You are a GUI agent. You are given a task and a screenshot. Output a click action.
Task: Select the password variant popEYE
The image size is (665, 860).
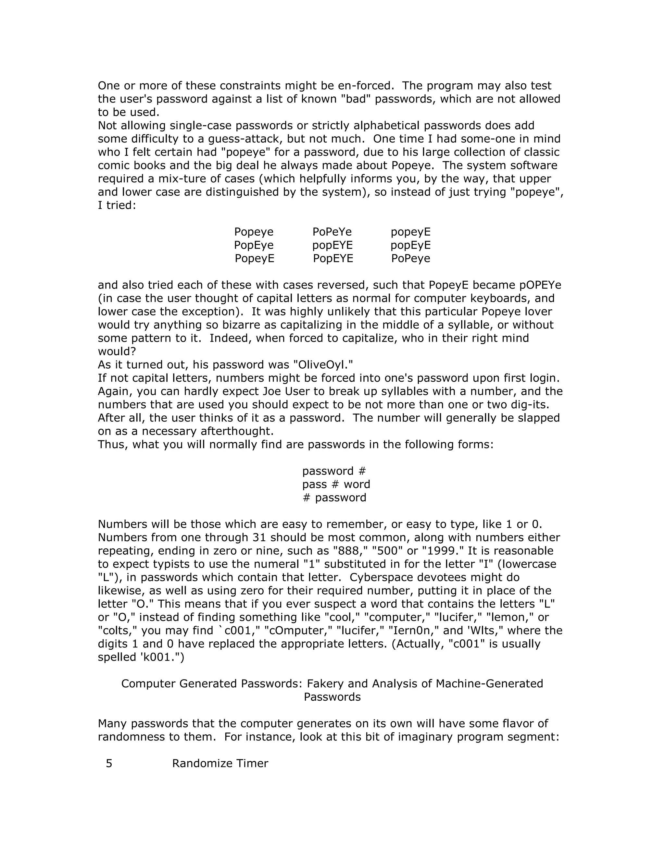pyautogui.click(x=332, y=245)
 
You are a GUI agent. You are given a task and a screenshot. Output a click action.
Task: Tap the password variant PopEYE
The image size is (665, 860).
pyautogui.click(x=333, y=259)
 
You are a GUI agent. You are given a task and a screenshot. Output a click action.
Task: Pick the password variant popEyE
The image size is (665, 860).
pyautogui.click(x=410, y=245)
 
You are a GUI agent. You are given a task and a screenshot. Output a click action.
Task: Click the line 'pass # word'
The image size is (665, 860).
pyautogui.click(x=336, y=484)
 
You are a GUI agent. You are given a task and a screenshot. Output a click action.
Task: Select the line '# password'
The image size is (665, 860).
pyautogui.click(x=334, y=498)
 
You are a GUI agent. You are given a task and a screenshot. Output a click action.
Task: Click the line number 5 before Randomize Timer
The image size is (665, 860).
pyautogui.click(x=109, y=764)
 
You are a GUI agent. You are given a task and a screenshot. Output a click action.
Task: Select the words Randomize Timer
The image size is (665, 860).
pyautogui.click(x=220, y=764)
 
